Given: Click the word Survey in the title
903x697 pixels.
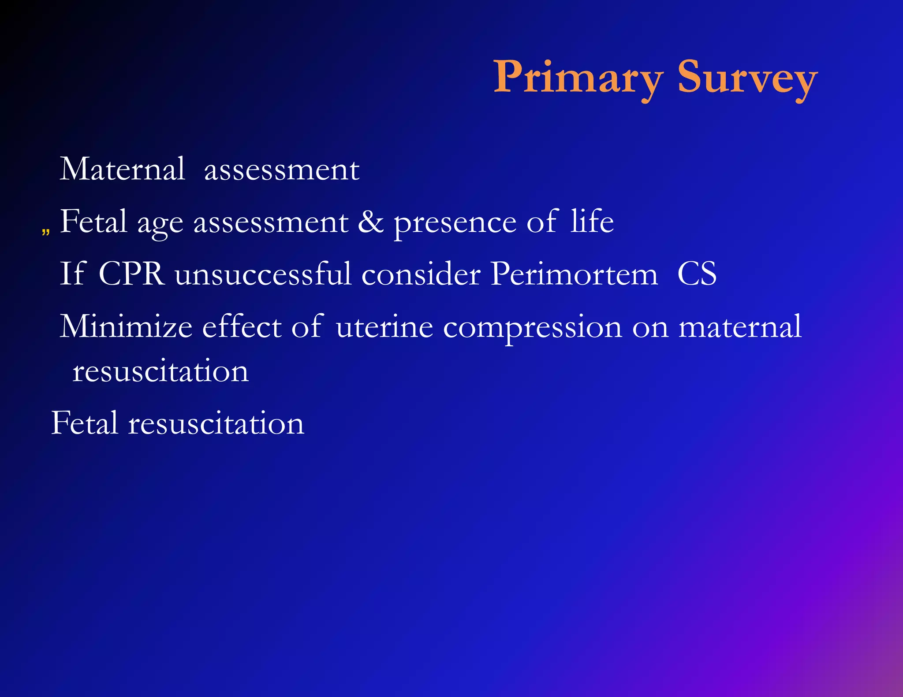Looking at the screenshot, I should click(x=747, y=78).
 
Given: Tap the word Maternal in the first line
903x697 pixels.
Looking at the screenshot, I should click(x=122, y=169).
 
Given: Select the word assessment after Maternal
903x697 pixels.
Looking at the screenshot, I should click(x=281, y=170).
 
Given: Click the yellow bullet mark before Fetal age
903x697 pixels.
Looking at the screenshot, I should click(x=45, y=231).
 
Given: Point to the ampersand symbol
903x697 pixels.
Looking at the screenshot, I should click(x=370, y=222).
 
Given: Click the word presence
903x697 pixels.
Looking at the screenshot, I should click(x=455, y=223).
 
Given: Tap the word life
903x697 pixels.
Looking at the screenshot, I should click(x=592, y=221).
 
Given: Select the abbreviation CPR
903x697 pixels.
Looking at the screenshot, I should click(x=131, y=274).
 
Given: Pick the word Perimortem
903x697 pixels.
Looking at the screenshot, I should click(x=574, y=274).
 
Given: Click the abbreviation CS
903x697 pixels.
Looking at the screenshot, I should click(x=697, y=274).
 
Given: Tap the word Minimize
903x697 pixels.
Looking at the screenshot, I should click(x=126, y=326).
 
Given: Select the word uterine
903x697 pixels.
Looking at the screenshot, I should click(x=384, y=327).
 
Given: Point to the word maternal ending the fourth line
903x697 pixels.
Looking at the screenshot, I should click(x=740, y=327).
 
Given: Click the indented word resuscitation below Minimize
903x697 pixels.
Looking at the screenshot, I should click(x=160, y=371).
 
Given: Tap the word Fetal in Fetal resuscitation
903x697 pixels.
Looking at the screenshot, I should click(x=85, y=423).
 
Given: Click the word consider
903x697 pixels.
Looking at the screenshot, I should click(x=421, y=274).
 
